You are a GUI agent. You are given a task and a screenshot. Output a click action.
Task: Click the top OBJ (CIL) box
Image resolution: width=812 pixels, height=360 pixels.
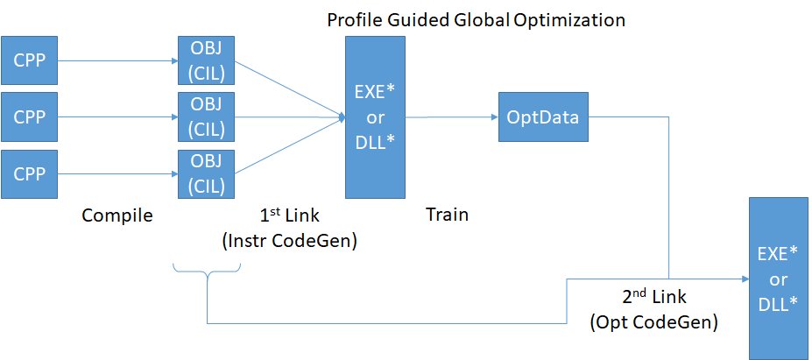[207, 60]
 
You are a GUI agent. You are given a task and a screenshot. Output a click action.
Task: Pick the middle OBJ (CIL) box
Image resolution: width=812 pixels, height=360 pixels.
[207, 116]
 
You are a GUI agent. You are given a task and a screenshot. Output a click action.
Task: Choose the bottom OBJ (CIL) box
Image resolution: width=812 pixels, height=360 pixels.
[207, 173]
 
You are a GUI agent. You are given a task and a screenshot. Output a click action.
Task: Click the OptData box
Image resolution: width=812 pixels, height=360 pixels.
[542, 116]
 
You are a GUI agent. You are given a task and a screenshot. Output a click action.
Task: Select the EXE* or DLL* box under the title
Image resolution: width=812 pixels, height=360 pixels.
[375, 116]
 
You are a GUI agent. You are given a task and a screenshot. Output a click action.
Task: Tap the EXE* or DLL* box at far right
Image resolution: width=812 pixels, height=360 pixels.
[779, 276]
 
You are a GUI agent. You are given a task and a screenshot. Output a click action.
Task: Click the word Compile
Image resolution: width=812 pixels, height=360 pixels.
[117, 215]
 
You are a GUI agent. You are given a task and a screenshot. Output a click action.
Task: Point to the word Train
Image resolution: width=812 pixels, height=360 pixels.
[446, 215]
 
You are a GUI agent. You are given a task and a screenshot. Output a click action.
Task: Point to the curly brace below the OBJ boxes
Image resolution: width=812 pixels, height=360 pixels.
[207, 276]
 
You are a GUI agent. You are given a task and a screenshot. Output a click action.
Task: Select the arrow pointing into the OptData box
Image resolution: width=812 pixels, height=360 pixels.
[451, 116]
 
